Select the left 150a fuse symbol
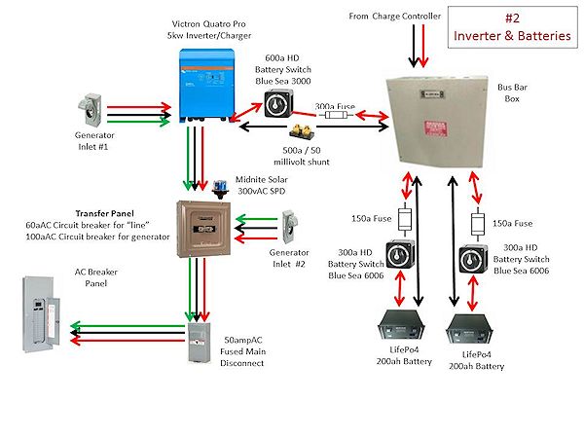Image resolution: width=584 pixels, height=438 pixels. point(406,220)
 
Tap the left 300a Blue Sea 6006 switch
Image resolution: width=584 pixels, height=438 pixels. point(399,257)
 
